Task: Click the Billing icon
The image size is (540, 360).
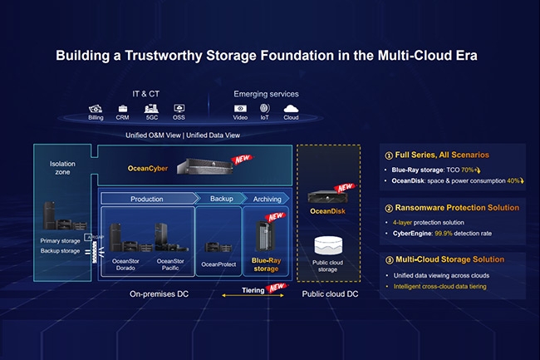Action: pos(96,109)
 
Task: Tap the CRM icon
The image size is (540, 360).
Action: pos(124,109)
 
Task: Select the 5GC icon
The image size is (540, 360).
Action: pos(151,109)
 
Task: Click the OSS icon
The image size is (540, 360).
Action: pos(179,109)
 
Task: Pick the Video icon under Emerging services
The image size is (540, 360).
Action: pos(241,109)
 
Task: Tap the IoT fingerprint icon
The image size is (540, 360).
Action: pos(265,109)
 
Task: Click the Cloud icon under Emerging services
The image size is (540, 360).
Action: pos(291,109)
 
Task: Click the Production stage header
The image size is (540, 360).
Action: pos(146,200)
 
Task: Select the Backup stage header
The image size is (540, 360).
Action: pos(220,200)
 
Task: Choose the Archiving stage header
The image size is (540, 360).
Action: pos(266,200)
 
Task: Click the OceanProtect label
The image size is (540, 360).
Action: pos(219,264)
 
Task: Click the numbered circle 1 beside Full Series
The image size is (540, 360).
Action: pos(389,155)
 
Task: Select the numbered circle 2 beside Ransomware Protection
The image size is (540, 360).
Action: pos(389,207)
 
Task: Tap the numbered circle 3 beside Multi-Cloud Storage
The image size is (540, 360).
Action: pos(389,259)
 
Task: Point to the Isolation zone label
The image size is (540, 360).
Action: pos(61,169)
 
